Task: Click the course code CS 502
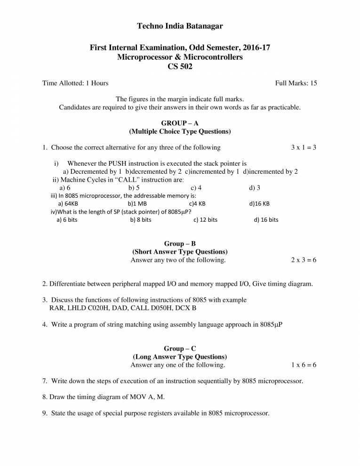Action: pos(180,66)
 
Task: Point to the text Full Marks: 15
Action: pos(296,83)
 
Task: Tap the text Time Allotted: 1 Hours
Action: pos(75,83)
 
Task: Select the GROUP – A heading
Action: pos(180,123)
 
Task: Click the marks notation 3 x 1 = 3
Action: pos(304,147)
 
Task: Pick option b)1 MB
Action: pos(137,204)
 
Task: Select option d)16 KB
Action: pos(259,204)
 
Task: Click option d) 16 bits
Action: pos(266,220)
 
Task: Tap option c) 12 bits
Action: pos(205,220)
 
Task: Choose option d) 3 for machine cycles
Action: pos(255,188)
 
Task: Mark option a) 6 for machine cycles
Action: pos(65,188)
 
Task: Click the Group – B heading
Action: pos(180,243)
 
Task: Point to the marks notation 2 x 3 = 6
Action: pos(304,260)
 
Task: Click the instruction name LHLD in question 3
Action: pos(78,308)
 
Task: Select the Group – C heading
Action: pos(180,348)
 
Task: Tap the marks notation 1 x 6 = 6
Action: pos(304,365)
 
